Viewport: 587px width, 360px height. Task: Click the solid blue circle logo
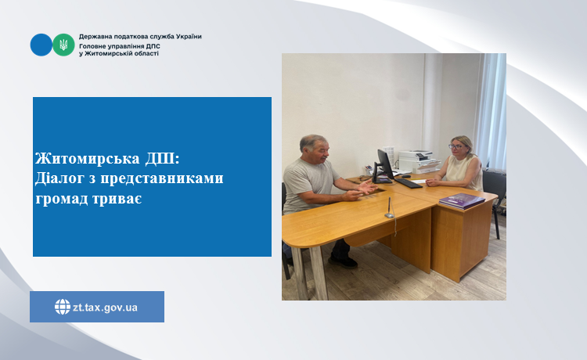point(41,45)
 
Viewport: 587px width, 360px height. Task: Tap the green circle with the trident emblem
point(63,45)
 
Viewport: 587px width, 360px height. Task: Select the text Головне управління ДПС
point(120,46)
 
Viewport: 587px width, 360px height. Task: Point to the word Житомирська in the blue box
point(88,159)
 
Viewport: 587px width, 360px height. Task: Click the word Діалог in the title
point(59,178)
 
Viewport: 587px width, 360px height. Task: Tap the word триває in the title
point(121,198)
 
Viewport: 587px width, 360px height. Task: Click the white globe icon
point(63,307)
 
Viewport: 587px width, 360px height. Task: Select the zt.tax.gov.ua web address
point(105,308)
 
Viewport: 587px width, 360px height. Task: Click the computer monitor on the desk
point(384,166)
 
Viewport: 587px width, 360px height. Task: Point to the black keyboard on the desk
point(409,183)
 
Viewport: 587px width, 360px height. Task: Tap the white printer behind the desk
point(418,161)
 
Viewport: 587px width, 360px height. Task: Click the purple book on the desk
point(462,201)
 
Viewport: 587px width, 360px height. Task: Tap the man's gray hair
point(312,142)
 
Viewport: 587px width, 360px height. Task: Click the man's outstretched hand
point(367,186)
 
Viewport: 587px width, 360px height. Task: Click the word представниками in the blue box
point(162,178)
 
